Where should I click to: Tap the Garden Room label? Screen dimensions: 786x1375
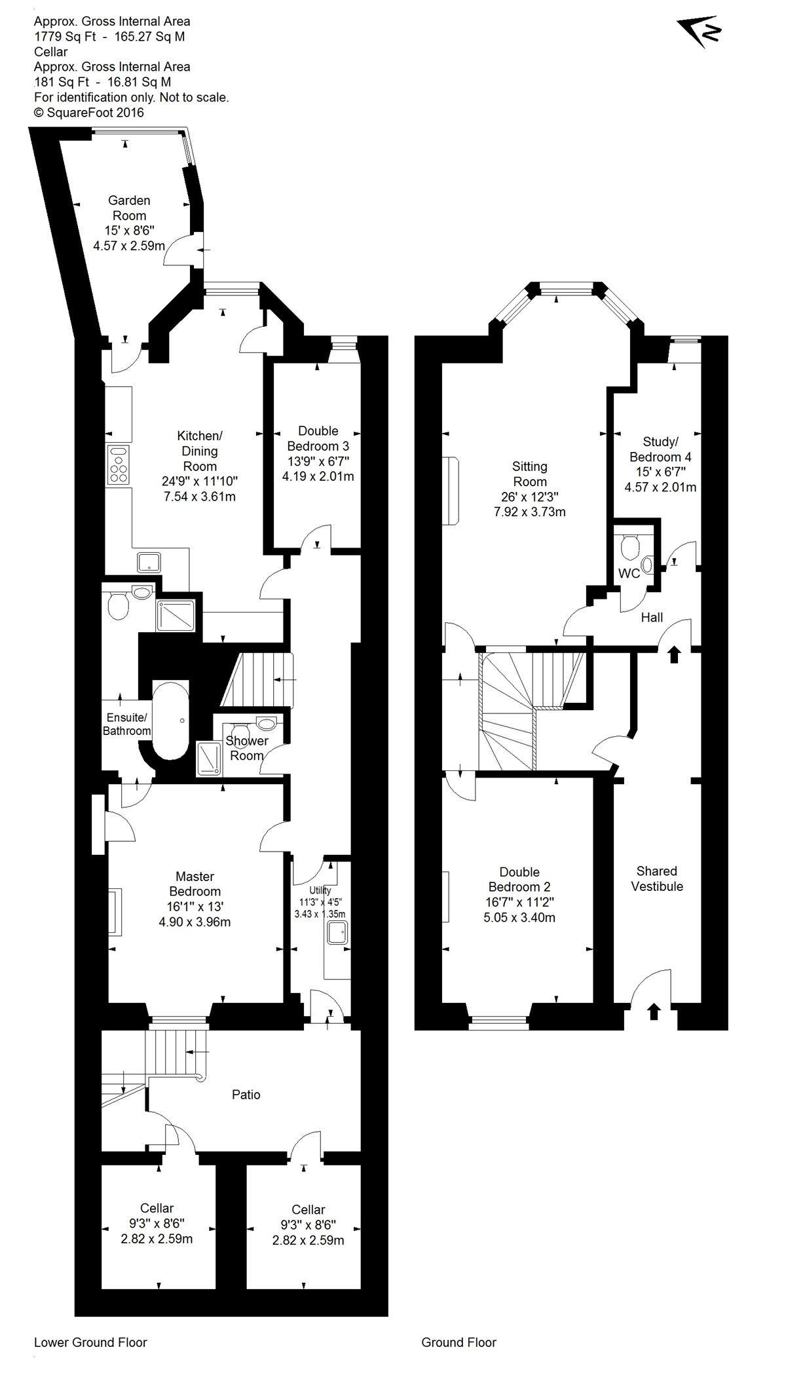130,208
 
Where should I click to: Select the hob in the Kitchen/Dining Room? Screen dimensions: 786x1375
119,464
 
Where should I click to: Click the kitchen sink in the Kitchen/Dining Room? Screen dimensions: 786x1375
149,561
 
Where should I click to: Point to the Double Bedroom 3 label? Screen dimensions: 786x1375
318,438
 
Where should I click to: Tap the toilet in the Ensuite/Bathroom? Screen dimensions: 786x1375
118,606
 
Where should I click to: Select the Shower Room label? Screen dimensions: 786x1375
247,748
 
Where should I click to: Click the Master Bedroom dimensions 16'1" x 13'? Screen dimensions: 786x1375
195,907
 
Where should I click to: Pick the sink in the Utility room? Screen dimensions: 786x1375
338,933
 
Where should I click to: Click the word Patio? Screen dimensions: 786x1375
246,1095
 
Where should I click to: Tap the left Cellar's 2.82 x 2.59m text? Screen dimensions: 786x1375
157,1239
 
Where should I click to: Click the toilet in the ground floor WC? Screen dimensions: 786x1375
630,546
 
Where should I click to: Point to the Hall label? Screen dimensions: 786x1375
652,617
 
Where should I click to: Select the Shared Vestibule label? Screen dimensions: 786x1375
657,878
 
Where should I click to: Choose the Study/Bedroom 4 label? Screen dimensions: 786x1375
660,449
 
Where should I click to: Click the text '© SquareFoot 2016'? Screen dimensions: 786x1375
89,112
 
